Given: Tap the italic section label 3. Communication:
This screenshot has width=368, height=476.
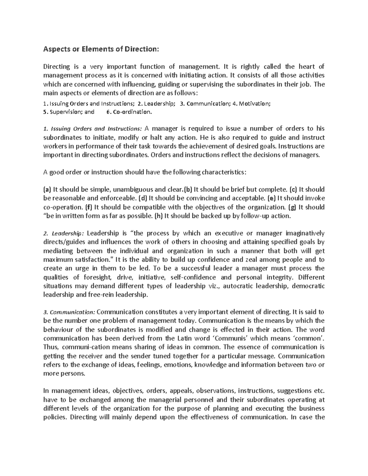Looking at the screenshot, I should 69,312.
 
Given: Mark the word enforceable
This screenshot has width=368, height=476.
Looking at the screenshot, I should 118,198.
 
